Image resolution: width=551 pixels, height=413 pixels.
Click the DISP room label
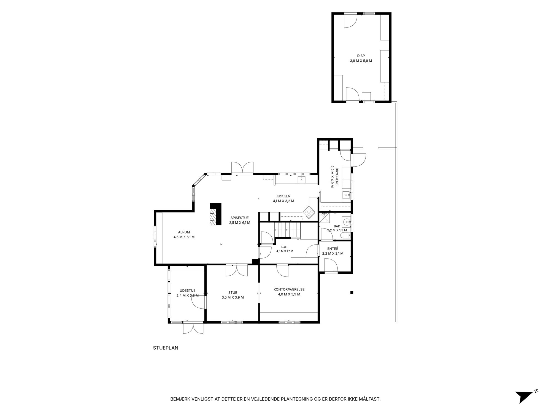click(361, 56)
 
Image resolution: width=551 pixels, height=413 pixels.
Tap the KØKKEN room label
click(283, 196)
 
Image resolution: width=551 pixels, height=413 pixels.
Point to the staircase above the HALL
click(287, 230)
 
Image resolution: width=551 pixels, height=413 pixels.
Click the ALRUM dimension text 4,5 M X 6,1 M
click(184, 237)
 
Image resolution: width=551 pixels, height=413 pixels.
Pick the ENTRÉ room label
click(333, 249)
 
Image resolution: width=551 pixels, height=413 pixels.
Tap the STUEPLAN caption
click(166, 348)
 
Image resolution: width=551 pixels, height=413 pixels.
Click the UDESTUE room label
click(187, 290)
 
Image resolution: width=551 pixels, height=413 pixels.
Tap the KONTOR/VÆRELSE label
click(289, 289)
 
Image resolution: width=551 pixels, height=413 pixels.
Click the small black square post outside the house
click(352, 292)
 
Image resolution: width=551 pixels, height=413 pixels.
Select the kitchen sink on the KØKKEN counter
click(302, 180)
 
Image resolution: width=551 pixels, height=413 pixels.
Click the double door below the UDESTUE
click(194, 328)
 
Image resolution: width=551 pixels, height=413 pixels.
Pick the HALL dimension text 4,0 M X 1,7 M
click(285, 251)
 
